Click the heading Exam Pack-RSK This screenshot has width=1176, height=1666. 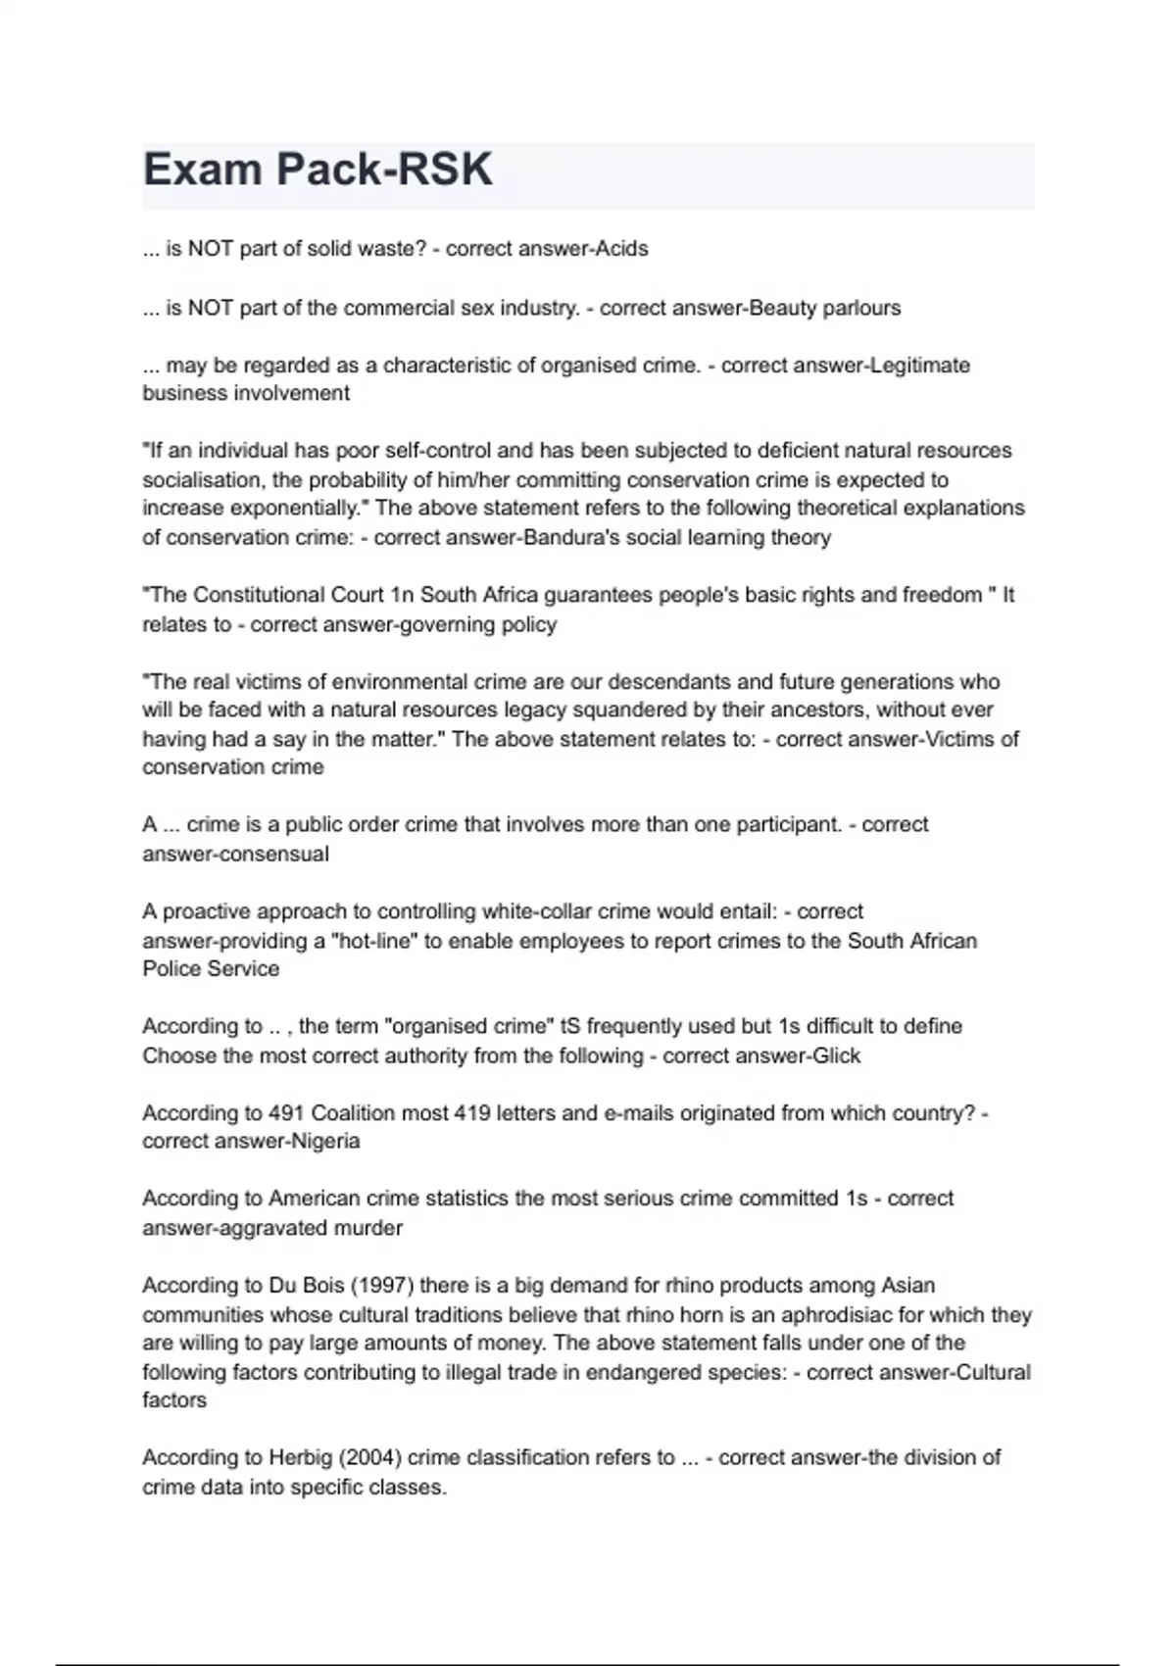point(318,170)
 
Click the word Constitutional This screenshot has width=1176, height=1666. point(267,595)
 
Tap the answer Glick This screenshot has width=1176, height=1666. point(836,1055)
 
